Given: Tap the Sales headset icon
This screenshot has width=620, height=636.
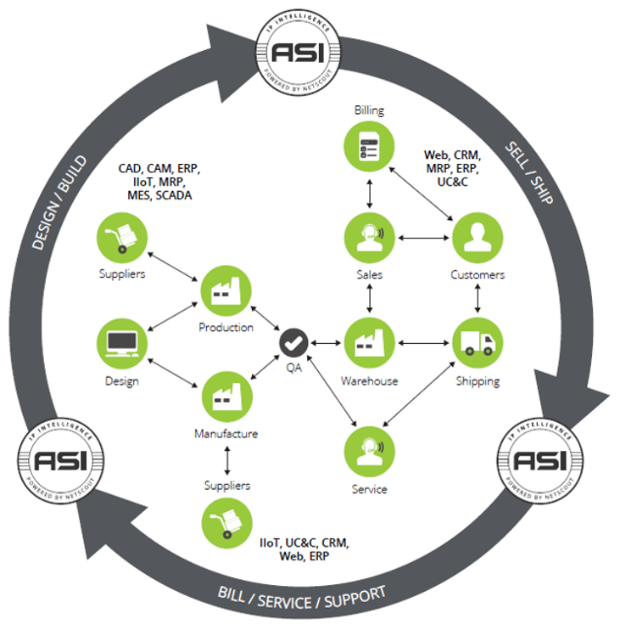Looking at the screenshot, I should click(x=370, y=238).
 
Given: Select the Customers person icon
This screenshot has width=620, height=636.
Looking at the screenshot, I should click(x=478, y=238).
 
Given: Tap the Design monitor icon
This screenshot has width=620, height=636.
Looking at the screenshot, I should click(x=122, y=343).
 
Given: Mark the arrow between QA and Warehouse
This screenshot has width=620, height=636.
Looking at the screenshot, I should click(x=325, y=343).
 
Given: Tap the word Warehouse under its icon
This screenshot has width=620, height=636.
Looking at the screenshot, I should click(x=370, y=381).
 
